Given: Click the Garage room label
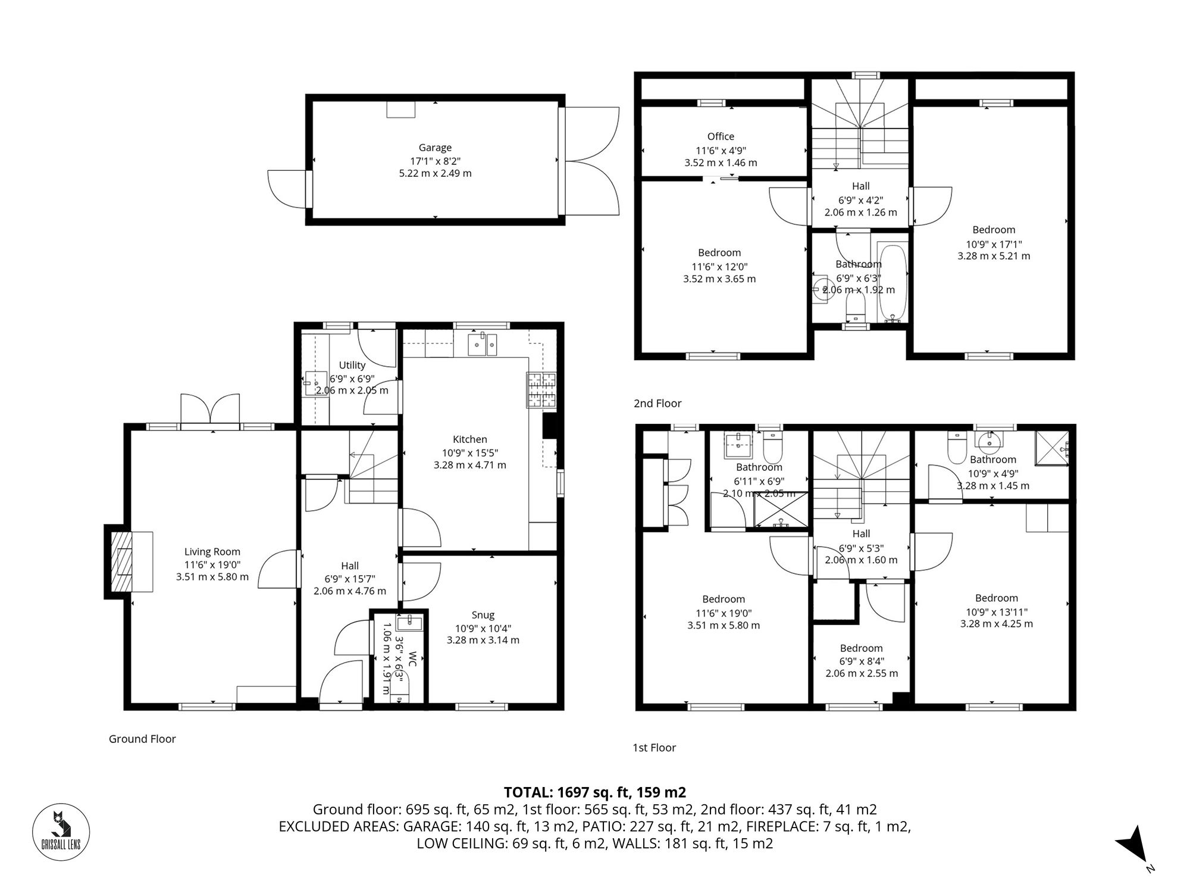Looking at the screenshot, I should click(x=435, y=148).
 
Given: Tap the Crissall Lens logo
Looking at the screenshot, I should click(x=61, y=832).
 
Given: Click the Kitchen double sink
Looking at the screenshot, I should click(x=483, y=344).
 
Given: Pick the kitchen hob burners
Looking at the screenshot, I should click(x=541, y=391).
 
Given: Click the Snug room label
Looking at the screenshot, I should click(x=483, y=615).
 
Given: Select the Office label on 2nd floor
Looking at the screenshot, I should click(x=721, y=136).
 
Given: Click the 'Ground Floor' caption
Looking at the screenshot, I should click(x=142, y=739).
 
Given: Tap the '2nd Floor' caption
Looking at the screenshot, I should click(x=657, y=403).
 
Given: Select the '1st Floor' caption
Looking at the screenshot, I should click(x=654, y=748).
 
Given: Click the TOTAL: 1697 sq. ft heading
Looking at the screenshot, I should click(x=594, y=792).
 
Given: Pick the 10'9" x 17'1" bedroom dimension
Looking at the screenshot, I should click(x=994, y=243).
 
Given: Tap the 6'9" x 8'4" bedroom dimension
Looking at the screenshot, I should click(x=861, y=661).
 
